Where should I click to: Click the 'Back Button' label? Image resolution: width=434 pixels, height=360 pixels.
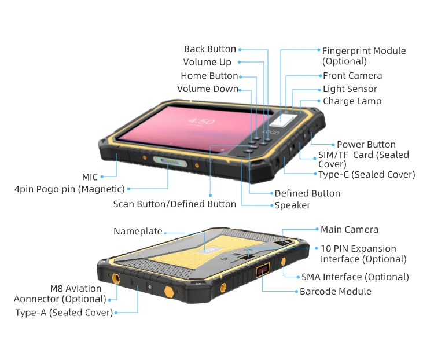[x=209, y=49]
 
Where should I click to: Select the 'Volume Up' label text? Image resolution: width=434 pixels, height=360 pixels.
[x=207, y=62]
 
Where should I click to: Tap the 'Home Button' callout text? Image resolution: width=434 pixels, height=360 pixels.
[x=209, y=76]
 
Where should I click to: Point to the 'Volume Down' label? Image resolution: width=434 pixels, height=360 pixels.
[x=207, y=89]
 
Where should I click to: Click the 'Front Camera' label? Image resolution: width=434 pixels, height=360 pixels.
[x=352, y=76]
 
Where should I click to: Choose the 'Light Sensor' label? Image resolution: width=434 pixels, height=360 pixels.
[x=350, y=89]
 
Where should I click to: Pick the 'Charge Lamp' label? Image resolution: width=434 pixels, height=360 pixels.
[x=352, y=101]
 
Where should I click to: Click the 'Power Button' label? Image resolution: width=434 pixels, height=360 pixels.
[x=366, y=145]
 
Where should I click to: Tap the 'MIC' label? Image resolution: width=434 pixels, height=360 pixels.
[x=90, y=177]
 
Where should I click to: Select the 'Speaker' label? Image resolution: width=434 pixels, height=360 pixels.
[x=292, y=205]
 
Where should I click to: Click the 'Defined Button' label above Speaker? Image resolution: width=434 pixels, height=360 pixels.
[x=307, y=193]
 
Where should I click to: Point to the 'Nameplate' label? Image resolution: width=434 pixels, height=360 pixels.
[x=138, y=232]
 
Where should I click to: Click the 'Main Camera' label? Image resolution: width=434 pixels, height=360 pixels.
[x=349, y=230]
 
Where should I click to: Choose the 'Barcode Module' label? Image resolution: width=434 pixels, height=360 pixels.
[x=335, y=292]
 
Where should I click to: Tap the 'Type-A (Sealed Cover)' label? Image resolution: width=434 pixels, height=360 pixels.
[x=64, y=313]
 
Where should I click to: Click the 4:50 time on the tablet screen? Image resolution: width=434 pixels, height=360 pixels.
[x=201, y=122]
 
